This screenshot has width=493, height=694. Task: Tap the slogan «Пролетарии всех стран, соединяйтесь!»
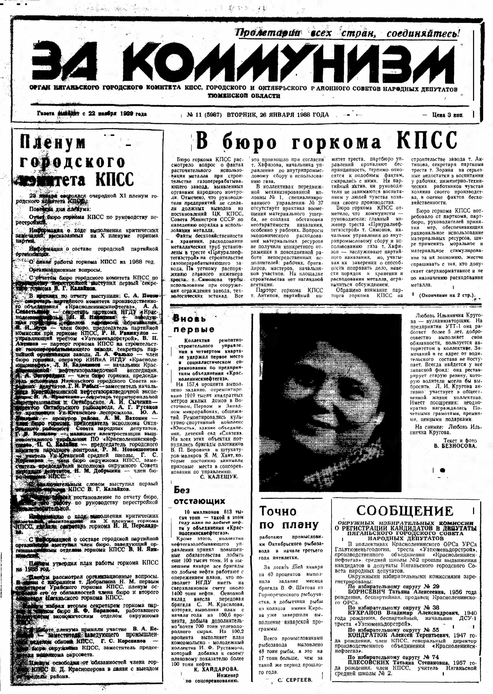point(347,33)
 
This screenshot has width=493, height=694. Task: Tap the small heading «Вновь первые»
point(193,324)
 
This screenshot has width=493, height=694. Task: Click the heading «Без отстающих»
point(199,495)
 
